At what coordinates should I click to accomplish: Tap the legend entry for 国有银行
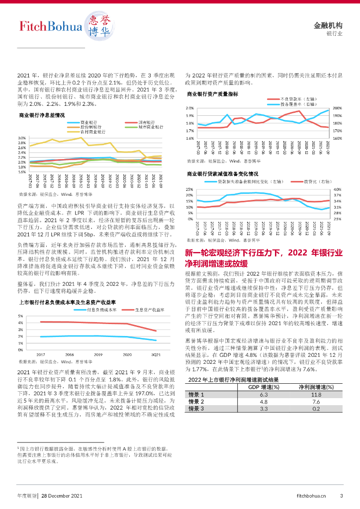point(146,122)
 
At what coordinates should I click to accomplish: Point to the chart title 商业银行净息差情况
point(42,115)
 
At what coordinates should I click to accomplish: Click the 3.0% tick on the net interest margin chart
point(22,138)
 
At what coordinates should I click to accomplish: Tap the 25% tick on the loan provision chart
point(189,189)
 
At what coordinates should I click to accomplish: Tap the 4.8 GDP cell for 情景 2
point(264,387)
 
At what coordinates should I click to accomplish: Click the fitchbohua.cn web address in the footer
point(311,496)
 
